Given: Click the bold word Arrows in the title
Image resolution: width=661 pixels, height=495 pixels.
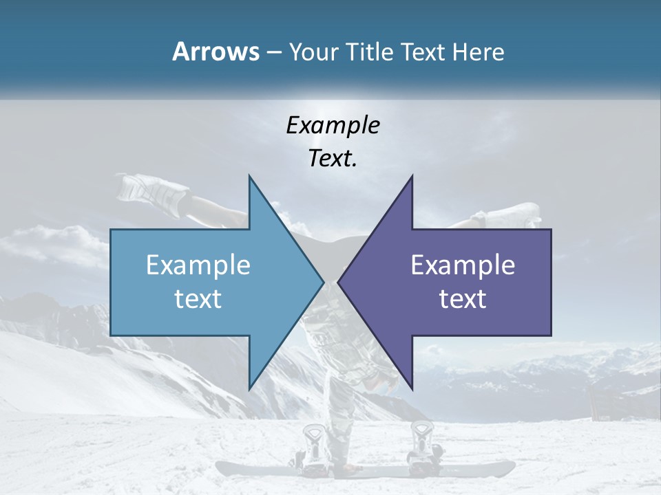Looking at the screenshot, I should [x=216, y=52].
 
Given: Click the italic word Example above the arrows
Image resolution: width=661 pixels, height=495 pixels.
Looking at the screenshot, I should [x=333, y=125].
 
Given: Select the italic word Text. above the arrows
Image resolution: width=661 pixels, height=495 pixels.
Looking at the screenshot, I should [x=333, y=159].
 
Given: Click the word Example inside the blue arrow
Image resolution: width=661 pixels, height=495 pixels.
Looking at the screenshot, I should [x=198, y=265].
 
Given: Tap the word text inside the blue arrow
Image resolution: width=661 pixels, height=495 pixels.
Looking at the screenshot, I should [x=198, y=298].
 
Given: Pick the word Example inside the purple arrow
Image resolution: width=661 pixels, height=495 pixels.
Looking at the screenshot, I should [x=463, y=265].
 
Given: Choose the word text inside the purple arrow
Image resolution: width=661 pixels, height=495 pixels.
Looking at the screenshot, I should [x=463, y=298].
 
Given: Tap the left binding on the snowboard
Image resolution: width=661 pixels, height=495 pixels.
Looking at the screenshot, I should [x=314, y=443].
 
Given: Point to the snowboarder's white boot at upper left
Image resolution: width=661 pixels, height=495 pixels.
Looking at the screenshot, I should [x=148, y=189].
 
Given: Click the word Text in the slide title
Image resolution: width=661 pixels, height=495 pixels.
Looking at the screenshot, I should [x=423, y=52].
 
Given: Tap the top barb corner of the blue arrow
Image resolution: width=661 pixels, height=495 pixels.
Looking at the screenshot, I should [x=249, y=176].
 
